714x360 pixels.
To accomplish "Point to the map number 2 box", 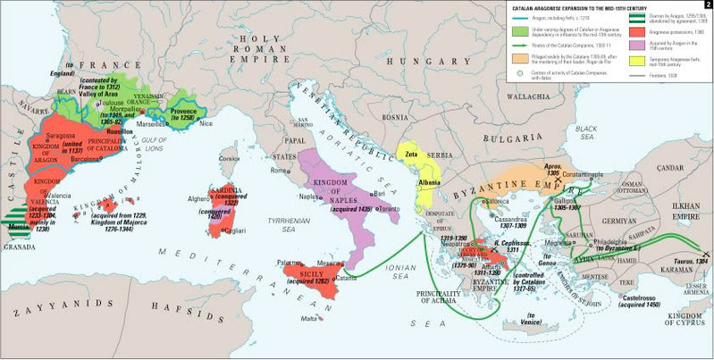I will [x=706, y=5].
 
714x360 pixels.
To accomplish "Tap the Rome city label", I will [x=276, y=171].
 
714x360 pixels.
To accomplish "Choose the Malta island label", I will [x=309, y=319].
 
